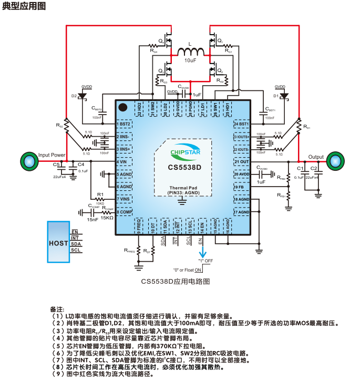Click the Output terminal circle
[333, 161]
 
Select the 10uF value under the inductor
[190, 61]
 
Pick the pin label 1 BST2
[124, 124]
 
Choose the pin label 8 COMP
[125, 212]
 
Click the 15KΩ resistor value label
[108, 218]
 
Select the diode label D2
[74, 96]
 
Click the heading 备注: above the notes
[57, 309]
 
